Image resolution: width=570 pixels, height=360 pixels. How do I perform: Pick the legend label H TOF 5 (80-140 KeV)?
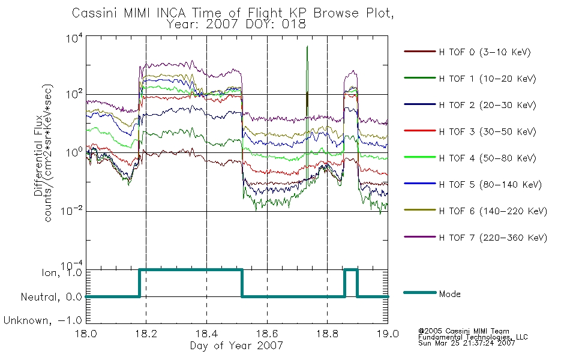[x=490, y=185]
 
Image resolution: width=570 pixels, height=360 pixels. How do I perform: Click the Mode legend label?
[x=449, y=294]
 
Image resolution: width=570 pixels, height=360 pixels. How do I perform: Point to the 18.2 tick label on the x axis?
[x=146, y=334]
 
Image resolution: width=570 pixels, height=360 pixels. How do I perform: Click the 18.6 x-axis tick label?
[x=267, y=334]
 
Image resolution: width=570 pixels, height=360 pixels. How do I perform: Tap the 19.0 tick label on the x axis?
[x=388, y=334]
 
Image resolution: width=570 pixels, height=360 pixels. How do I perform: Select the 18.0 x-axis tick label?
[x=86, y=334]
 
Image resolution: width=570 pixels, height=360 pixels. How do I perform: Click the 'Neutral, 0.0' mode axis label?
[x=52, y=297]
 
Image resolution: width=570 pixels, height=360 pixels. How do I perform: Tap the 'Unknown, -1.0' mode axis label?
[x=43, y=320]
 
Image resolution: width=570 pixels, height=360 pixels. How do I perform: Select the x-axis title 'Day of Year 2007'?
[x=236, y=345]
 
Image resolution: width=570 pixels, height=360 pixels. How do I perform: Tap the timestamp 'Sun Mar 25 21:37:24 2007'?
[x=466, y=343]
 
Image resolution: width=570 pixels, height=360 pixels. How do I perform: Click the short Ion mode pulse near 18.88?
[x=351, y=270]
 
